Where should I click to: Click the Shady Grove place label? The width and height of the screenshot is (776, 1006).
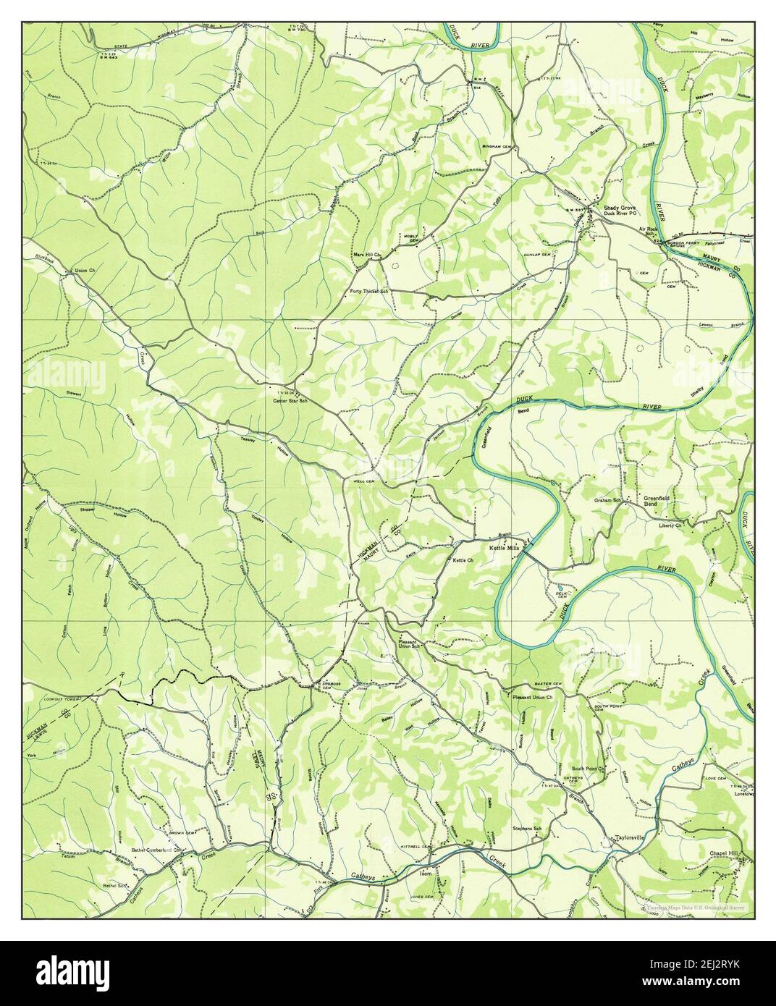coord(620,208)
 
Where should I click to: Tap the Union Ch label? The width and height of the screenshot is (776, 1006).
coord(85,272)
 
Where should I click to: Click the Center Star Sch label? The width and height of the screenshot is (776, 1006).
coord(290,400)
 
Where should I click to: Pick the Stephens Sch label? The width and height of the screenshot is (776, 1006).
coord(527,828)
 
